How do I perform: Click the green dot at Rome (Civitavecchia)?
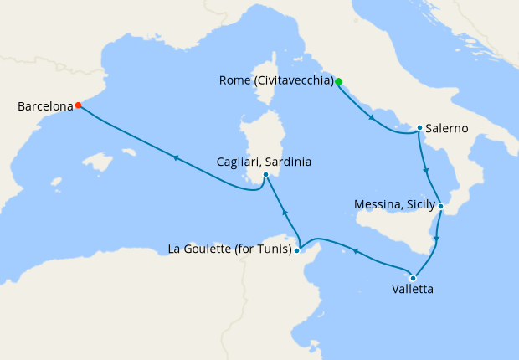338,81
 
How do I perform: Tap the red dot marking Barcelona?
78,105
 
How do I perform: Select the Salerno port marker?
419,128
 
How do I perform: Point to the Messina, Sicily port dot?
440,205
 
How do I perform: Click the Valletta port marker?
413,278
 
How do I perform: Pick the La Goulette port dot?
297,249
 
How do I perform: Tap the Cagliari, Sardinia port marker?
265,175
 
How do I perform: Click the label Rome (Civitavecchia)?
276,81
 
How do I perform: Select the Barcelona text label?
44,106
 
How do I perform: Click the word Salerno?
447,129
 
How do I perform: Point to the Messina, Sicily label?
393,204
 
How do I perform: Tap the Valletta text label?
413,291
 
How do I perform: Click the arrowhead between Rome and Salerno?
371,118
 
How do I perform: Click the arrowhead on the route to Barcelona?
176,157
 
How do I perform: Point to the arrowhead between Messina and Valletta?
436,239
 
